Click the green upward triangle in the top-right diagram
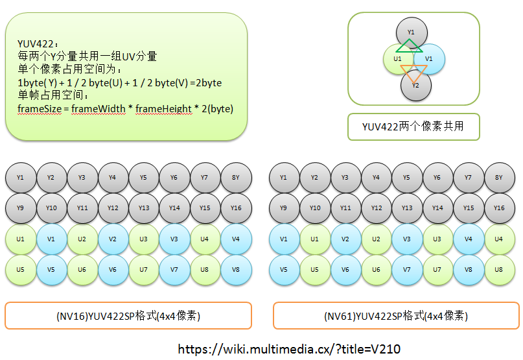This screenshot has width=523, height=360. (x=410, y=46)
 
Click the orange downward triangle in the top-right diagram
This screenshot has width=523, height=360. (x=412, y=72)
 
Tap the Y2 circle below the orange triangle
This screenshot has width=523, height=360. (x=416, y=86)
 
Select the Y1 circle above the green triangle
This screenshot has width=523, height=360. (x=411, y=32)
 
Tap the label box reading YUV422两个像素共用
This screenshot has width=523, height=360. (x=414, y=127)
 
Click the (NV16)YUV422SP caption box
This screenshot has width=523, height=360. (x=128, y=316)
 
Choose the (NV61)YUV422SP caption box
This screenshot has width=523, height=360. (x=395, y=316)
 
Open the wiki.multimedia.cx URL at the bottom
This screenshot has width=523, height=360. (x=289, y=349)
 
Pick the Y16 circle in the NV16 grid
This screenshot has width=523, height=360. (x=236, y=208)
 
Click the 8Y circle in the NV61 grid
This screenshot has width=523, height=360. (x=499, y=177)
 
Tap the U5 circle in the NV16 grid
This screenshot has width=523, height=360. (x=21, y=269)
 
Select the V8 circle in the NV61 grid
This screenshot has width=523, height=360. (x=469, y=269)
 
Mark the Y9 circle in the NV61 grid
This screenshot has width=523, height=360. (x=284, y=208)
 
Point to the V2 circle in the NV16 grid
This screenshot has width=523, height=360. (x=113, y=239)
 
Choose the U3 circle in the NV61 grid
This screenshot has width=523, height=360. (x=437, y=239)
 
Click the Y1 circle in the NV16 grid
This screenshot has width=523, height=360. (x=21, y=177)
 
